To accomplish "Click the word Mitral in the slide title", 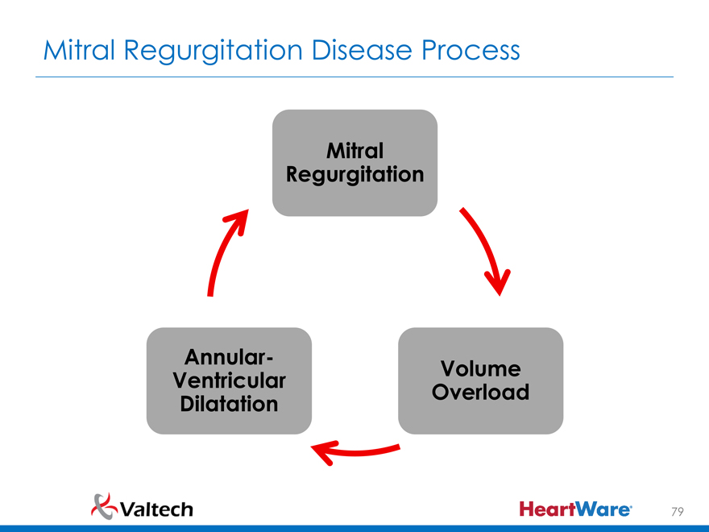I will coord(81,51).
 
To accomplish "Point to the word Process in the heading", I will coord(470,51).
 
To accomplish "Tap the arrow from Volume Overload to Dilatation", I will coord(354,452).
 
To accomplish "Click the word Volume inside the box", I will coord(480,368).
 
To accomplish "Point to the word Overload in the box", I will coord(480,393).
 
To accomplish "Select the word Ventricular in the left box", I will coord(230,379).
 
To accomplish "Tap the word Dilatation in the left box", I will coord(230,403).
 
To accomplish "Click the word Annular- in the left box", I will coord(230,355).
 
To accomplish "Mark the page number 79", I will coord(678,511).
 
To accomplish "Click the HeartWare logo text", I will coord(576,509).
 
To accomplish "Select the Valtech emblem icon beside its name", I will coord(105,505).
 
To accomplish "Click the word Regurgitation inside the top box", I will coord(355,174).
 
